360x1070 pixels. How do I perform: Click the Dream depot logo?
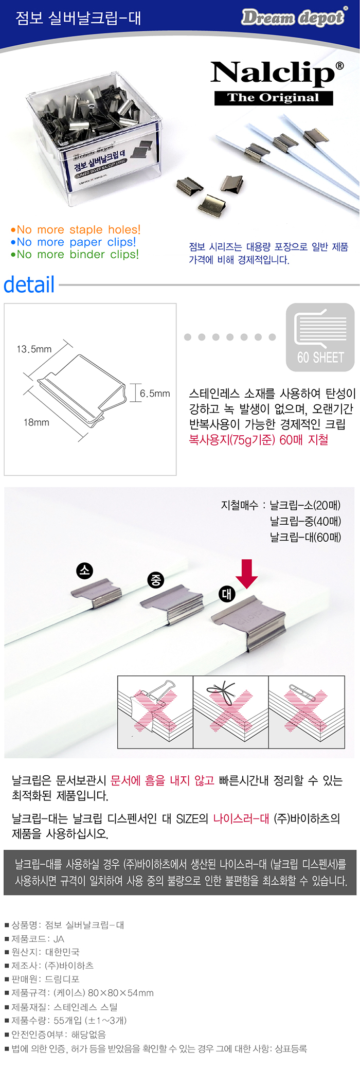[x=294, y=17]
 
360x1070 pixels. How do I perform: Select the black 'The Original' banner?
[x=274, y=98]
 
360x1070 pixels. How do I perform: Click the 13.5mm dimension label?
[x=34, y=349]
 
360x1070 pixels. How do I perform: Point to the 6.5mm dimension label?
[x=155, y=394]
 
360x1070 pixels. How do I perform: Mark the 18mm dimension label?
[x=37, y=422]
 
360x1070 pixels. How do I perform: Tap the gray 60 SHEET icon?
[x=320, y=337]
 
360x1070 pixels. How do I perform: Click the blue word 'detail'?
[x=29, y=284]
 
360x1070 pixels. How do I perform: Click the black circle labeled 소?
[x=84, y=570]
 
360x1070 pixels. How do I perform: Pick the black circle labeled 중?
[x=155, y=580]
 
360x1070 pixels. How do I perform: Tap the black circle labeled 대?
[x=226, y=594]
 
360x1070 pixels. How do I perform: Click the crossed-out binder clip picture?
[x=155, y=712]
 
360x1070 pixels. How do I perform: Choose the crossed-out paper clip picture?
[x=307, y=712]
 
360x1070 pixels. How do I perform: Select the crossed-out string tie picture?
[x=231, y=712]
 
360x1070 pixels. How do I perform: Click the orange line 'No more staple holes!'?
[x=75, y=229]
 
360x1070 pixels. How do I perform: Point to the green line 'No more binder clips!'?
[x=75, y=254]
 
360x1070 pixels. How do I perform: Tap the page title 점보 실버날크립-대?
[x=78, y=19]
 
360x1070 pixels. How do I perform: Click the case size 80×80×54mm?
[x=121, y=993]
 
